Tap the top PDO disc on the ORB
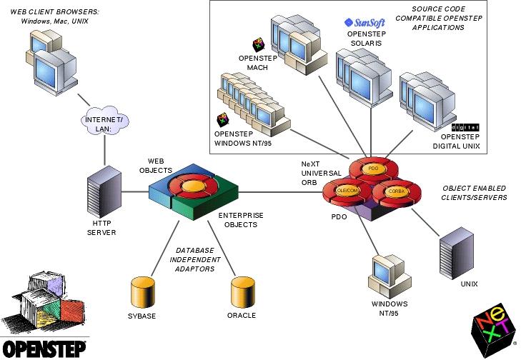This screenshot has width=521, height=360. [x=372, y=169]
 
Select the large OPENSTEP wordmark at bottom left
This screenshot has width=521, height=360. [x=43, y=348]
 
